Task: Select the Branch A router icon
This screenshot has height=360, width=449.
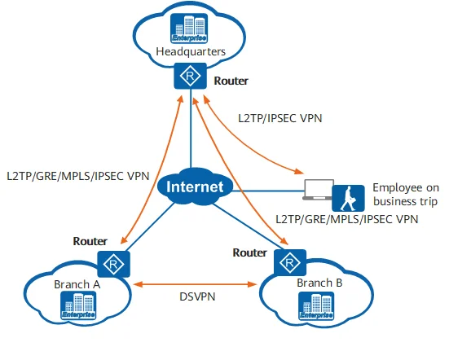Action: tap(108, 262)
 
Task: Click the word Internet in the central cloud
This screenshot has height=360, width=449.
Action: tap(193, 187)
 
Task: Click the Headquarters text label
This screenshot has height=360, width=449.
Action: tap(190, 54)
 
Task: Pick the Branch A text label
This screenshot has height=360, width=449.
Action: tap(77, 284)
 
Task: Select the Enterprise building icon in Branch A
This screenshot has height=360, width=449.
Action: tap(78, 307)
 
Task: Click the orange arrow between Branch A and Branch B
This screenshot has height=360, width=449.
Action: tap(196, 284)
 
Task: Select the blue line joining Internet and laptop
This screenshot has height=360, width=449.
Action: tap(261, 191)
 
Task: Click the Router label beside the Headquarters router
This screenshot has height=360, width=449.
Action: tap(231, 81)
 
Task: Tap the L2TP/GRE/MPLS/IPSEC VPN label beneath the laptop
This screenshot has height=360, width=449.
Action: tap(346, 219)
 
